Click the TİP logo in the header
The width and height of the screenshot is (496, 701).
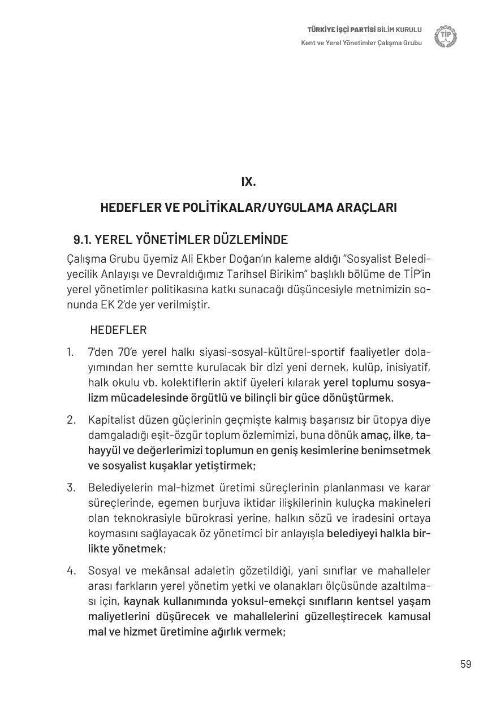click(446, 36)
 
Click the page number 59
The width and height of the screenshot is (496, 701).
click(465, 664)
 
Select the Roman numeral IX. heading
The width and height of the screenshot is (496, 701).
click(248, 181)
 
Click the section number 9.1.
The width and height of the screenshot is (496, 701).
click(82, 240)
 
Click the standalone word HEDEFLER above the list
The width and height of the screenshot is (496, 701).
click(118, 330)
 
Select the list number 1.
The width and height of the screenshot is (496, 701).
click(70, 352)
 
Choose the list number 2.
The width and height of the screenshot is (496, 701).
click(71, 420)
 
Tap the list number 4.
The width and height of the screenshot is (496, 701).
click(71, 571)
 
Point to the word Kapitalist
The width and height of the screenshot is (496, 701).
click(111, 420)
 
